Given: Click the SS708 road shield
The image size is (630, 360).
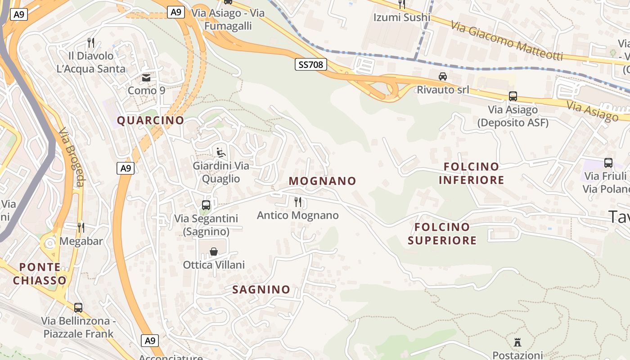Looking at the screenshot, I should tap(310, 64).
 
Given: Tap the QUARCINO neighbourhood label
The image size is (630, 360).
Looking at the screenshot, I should tap(151, 120).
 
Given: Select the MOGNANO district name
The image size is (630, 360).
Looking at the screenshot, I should tap(323, 181).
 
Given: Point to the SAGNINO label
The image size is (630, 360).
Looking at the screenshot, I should tap(261, 289).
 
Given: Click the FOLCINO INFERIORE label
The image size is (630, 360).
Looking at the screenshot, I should tap(471, 173).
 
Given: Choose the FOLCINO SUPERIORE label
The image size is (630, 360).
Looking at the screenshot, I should tap(442, 234).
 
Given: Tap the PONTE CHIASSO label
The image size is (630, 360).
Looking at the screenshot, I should tap(40, 274).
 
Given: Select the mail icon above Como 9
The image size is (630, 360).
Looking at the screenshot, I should tap(146, 77).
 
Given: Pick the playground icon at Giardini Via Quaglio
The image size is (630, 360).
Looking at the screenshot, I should tap(221, 153).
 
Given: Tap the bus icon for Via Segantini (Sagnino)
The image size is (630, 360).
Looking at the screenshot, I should tap(206, 205).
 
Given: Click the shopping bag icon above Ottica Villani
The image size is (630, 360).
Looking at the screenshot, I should tap(214, 252).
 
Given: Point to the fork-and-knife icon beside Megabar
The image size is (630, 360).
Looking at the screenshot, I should tap(81, 228).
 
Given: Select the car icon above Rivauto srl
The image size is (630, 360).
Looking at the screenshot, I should tap(443, 76).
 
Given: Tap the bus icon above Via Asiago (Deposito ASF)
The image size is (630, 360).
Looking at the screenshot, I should tap(513, 96).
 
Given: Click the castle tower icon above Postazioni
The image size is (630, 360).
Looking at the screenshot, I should tap(517, 342).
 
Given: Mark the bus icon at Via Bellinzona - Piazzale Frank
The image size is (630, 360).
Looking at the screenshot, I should tap(78, 308).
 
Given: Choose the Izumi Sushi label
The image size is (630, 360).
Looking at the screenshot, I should tap(402, 18).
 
